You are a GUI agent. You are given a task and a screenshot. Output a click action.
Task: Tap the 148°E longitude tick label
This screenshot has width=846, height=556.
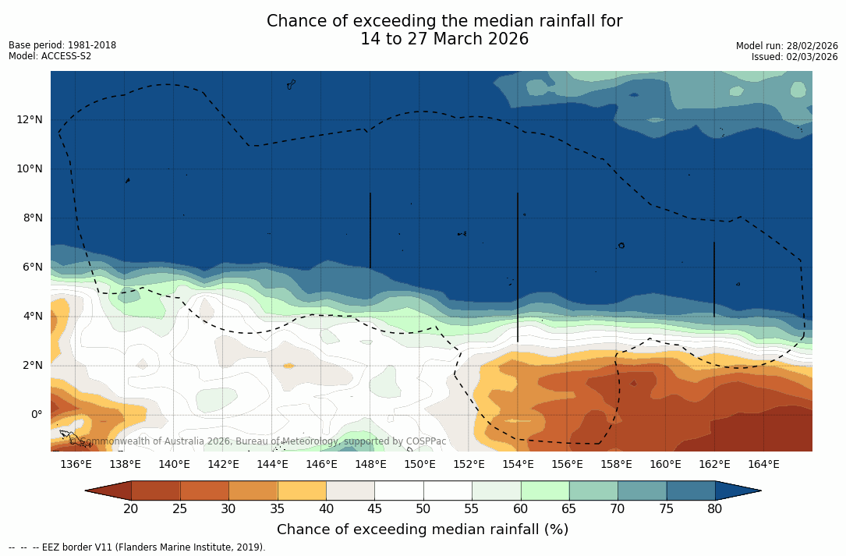[x=370, y=464]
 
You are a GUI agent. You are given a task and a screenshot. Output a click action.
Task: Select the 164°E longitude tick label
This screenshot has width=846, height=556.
[x=763, y=464]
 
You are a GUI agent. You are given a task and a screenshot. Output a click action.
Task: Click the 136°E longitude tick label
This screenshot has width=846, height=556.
[x=76, y=464]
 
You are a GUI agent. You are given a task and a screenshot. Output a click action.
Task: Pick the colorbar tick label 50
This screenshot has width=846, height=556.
[x=423, y=509]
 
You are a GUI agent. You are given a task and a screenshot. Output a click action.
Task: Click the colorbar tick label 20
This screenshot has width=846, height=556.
[x=131, y=509]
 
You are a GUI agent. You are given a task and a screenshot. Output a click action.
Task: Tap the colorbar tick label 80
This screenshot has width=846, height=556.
[x=715, y=509]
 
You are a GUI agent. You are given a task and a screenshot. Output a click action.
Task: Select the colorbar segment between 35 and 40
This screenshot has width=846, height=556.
[x=302, y=490]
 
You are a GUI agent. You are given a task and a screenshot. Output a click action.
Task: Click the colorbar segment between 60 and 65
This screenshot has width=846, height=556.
[x=545, y=490]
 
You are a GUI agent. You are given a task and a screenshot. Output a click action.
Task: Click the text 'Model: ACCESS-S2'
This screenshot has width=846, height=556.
[x=50, y=56]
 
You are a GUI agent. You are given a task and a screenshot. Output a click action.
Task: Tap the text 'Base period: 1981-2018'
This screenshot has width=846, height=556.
[x=62, y=45]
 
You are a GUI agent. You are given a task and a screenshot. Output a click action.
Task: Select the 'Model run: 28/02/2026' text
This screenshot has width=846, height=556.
[x=787, y=46]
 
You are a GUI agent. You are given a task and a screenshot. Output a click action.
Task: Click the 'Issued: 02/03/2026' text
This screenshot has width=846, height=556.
[x=795, y=57]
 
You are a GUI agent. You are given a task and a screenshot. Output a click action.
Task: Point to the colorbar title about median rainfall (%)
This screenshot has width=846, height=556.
[x=423, y=529]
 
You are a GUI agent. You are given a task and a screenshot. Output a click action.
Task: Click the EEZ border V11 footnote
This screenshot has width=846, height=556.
[x=137, y=547]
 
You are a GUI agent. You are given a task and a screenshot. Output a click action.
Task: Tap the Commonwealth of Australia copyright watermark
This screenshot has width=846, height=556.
[x=258, y=441]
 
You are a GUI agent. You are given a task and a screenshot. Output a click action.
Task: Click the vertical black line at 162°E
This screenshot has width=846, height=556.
[x=714, y=278]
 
